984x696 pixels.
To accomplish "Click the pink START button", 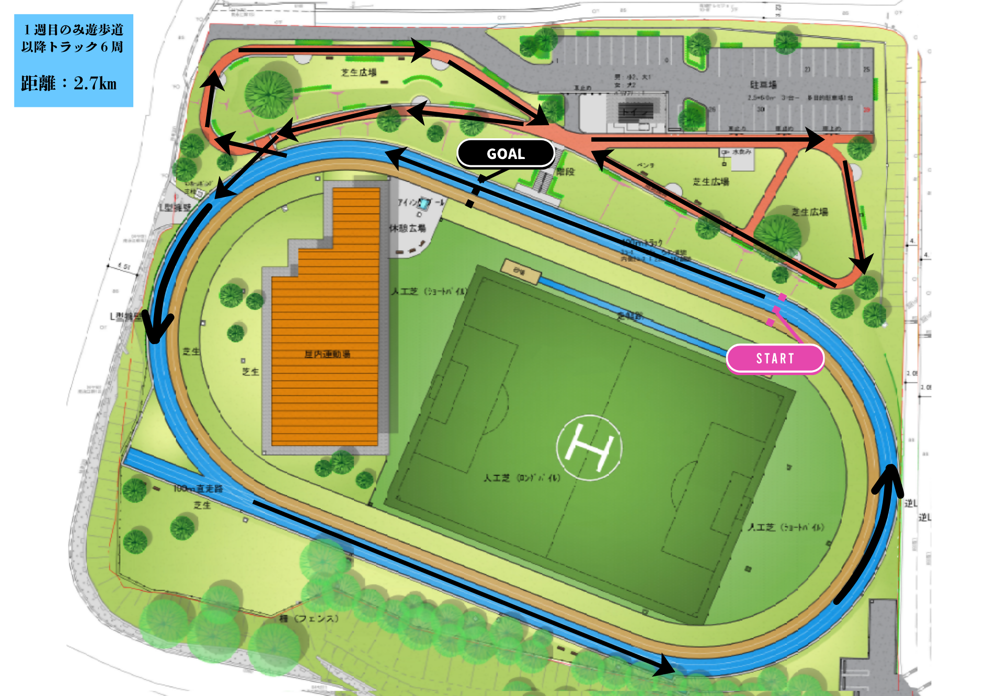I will coord(775,358).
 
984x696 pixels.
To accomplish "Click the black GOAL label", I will coord(506,154).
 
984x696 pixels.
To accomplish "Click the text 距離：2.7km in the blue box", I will coord(69,83).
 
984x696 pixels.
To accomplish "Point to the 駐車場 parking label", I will coord(763,85).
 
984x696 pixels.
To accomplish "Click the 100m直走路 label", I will coord(198,488).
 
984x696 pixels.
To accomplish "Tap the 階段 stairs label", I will coord(566,172).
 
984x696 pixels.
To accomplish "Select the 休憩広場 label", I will coord(407,228).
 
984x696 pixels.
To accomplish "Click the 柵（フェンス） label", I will coord(309,618).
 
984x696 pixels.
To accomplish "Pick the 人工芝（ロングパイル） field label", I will coord(522,477).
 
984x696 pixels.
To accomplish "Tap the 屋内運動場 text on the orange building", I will coord(327,354).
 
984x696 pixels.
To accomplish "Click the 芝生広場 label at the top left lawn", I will coord(359,72).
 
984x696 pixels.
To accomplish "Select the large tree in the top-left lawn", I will coord(269,94).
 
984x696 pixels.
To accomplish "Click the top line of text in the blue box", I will coord(73,30).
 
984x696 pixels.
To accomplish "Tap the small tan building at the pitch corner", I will coord(521,271).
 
